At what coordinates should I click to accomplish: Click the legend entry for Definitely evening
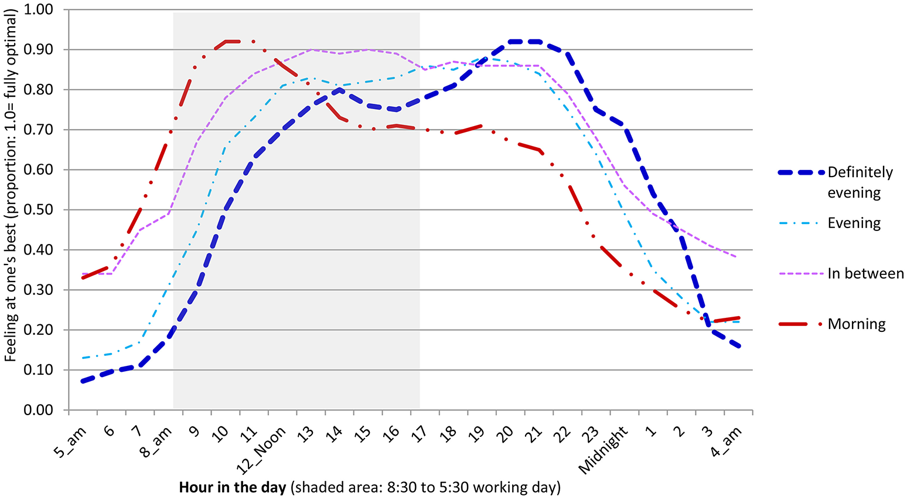pos(860,182)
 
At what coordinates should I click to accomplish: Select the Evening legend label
pos(854,223)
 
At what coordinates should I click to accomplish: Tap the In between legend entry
pos(865,274)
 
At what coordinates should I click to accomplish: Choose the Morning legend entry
pos(856,324)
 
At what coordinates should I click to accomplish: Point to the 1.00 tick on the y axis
pos(39,10)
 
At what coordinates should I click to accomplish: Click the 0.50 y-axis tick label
pos(39,210)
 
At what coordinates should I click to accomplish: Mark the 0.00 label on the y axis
pos(39,410)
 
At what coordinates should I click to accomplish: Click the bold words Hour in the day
pos(232,487)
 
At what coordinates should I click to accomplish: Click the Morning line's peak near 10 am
pos(233,42)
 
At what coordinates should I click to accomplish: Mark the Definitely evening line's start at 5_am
pos(83,382)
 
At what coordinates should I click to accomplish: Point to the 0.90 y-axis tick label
pos(39,50)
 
